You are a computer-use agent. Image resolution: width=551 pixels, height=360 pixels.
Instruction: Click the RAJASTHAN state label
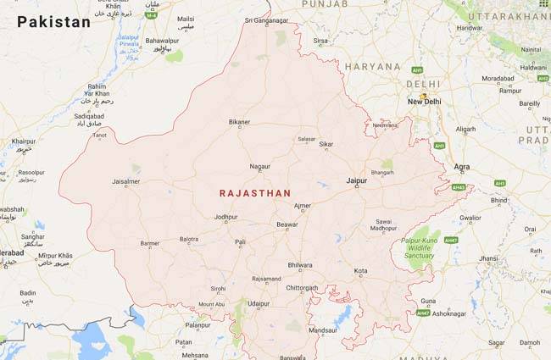(x=252, y=193)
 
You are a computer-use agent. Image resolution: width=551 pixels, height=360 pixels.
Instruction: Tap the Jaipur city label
(x=357, y=181)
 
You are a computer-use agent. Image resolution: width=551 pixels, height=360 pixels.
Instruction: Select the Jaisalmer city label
(x=126, y=181)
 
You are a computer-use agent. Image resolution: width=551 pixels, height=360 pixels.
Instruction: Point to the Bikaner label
(x=239, y=122)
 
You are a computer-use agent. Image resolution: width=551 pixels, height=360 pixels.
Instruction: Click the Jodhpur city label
(x=226, y=218)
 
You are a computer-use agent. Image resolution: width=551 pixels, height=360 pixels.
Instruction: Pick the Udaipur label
(x=258, y=303)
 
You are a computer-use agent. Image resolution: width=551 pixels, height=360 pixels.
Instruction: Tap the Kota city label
(x=360, y=272)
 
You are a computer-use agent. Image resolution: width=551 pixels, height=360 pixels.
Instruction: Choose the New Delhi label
(x=425, y=102)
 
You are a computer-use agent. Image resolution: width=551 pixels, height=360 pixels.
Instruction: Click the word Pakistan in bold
(x=53, y=22)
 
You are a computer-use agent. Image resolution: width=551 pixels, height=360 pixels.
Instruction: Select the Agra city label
(x=462, y=167)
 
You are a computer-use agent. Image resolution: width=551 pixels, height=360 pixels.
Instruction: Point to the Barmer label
(x=149, y=243)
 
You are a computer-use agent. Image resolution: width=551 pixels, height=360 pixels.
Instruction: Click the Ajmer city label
(x=302, y=206)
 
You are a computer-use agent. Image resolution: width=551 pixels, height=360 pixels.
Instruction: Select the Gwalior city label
(x=470, y=218)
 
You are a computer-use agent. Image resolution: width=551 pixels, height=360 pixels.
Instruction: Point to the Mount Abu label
(x=211, y=304)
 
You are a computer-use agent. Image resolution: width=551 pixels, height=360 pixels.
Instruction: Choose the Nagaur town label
(x=260, y=167)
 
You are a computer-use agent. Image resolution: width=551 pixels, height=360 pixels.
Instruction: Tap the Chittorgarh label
(x=303, y=288)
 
